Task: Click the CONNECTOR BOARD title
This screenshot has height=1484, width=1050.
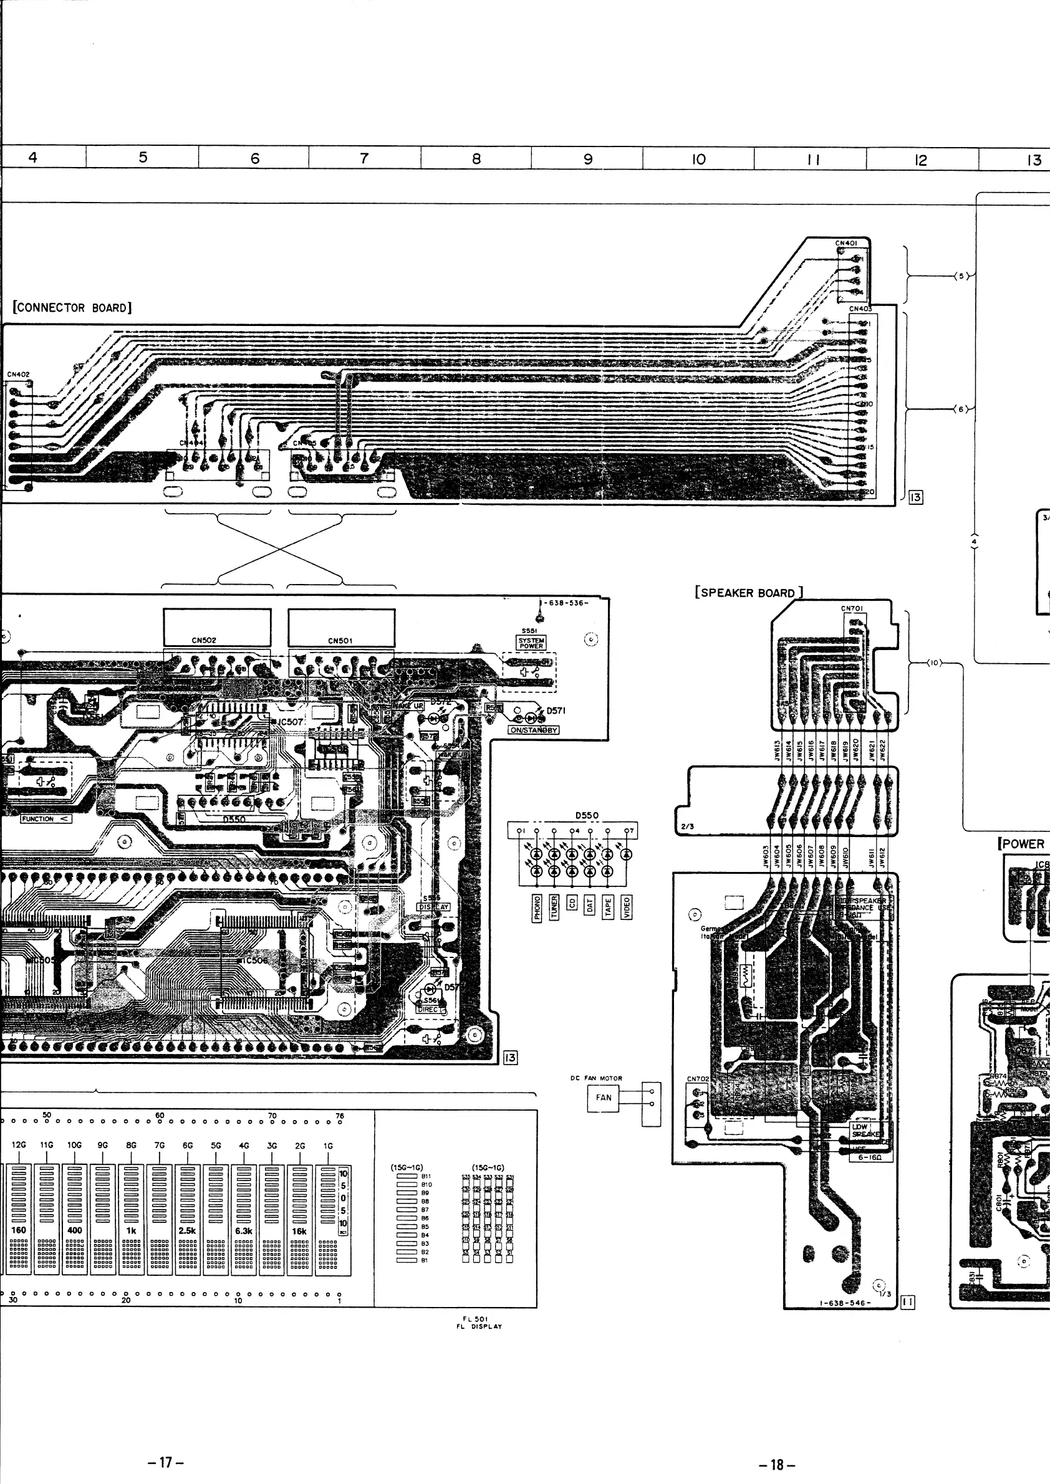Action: [72, 308]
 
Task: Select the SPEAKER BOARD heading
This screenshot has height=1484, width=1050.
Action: [748, 593]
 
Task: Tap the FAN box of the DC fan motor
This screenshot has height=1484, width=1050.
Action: [603, 1097]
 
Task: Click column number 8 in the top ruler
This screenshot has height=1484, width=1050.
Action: [476, 158]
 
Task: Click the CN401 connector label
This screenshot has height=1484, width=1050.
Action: [845, 243]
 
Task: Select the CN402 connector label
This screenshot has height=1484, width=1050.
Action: [18, 374]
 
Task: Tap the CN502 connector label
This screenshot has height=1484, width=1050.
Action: [204, 641]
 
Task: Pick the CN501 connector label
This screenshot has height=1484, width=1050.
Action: [340, 641]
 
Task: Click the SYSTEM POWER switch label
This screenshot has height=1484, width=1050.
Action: [531, 643]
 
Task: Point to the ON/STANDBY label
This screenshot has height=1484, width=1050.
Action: [533, 730]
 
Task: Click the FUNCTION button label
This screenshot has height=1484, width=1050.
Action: [46, 819]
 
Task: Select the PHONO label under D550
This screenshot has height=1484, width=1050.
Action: [537, 907]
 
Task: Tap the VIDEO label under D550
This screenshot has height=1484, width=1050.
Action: [625, 907]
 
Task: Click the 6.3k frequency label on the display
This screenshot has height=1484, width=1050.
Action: [244, 1230]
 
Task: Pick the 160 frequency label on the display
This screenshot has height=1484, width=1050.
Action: [19, 1230]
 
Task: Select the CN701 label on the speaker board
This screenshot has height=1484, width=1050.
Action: [852, 608]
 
